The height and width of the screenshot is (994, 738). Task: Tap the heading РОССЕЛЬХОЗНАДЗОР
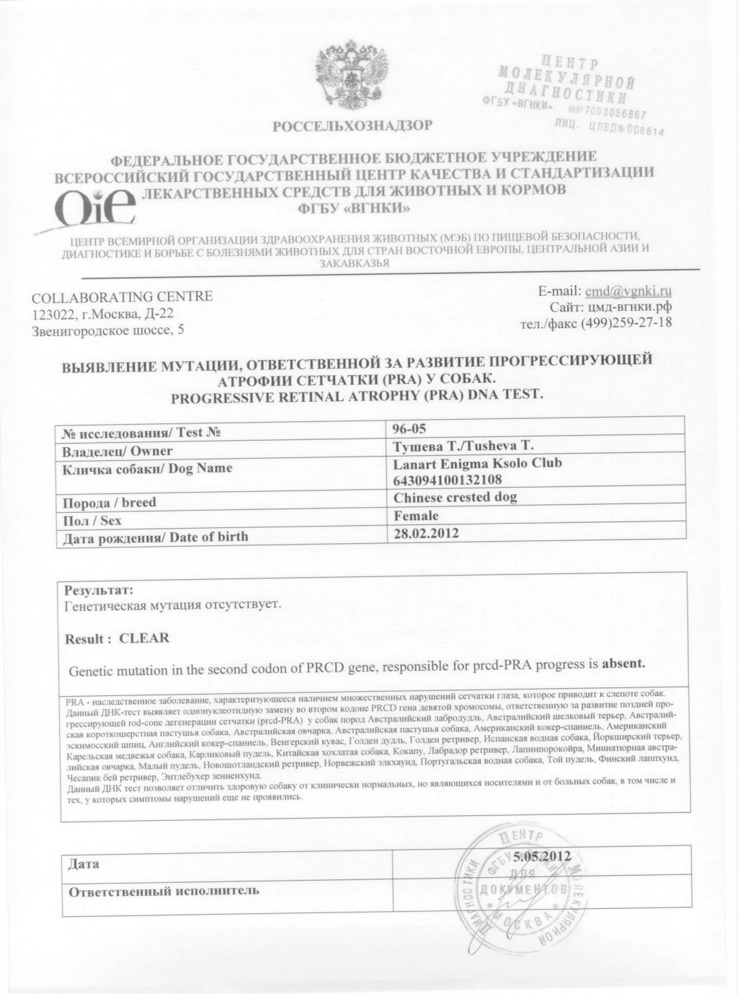tap(352, 126)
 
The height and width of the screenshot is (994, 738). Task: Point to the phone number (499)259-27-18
tap(634, 322)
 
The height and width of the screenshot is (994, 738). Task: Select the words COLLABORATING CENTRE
tap(123, 296)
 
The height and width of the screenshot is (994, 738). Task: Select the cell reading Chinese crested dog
tap(455, 497)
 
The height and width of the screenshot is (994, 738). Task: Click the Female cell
tap(416, 516)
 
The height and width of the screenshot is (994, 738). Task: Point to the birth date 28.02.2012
tap(426, 534)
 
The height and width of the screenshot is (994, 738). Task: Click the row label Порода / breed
tap(110, 502)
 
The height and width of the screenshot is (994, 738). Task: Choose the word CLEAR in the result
tap(144, 638)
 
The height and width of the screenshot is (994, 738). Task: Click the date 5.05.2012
tap(541, 856)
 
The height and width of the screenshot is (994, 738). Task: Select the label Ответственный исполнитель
tap(163, 890)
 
